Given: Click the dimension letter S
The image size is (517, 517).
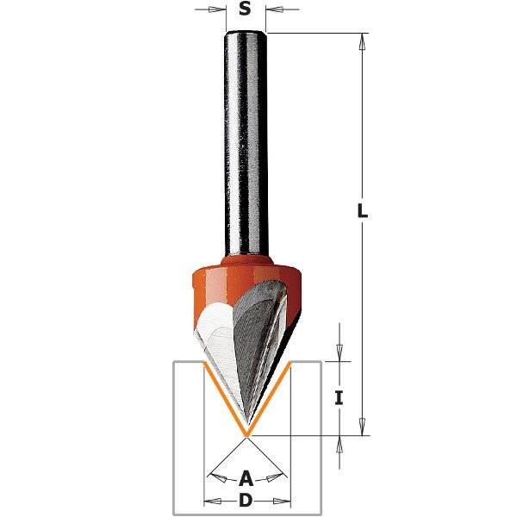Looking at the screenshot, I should pyautogui.click(x=245, y=10).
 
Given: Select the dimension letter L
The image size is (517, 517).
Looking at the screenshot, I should pyautogui.click(x=364, y=211).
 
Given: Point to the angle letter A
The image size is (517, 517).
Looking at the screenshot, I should pyautogui.click(x=246, y=477).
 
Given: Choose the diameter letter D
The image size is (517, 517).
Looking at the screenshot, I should pyautogui.click(x=246, y=500).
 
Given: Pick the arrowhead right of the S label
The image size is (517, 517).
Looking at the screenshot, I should pyautogui.click(x=272, y=10).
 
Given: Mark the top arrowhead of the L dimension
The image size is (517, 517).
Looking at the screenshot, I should pyautogui.click(x=364, y=40).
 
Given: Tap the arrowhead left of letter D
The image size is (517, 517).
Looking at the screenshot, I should pyautogui.click(x=210, y=500).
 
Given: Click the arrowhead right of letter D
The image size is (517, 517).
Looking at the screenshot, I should pyautogui.click(x=283, y=500).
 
